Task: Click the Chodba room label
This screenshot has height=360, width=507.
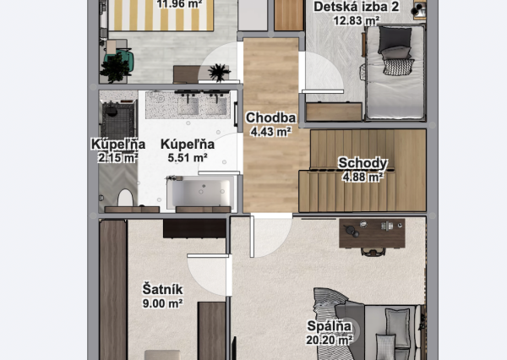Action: (270, 117)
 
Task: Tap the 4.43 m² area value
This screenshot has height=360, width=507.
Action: (270, 132)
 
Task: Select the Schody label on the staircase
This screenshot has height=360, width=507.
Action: (363, 163)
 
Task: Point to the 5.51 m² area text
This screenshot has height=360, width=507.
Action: (188, 157)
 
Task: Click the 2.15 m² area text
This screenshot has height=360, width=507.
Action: (118, 158)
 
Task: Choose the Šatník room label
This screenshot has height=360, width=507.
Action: (162, 289)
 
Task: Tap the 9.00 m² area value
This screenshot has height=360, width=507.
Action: (162, 303)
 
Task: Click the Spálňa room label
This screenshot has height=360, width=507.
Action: (330, 325)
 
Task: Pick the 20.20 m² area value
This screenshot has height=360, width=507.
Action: (330, 340)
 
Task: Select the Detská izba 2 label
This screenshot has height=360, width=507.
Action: (357, 7)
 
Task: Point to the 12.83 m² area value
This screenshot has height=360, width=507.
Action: (357, 20)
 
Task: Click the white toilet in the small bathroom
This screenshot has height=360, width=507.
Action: (125, 198)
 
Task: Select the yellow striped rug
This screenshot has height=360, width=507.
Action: (161, 15)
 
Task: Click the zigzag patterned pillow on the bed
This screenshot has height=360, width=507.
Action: (399, 67)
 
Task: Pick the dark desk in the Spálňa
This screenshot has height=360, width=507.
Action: (372, 233)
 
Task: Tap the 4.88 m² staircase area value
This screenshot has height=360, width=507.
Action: (363, 177)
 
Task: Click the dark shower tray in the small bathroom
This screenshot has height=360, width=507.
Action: (117, 120)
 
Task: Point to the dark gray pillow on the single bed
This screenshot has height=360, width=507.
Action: (395, 40)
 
